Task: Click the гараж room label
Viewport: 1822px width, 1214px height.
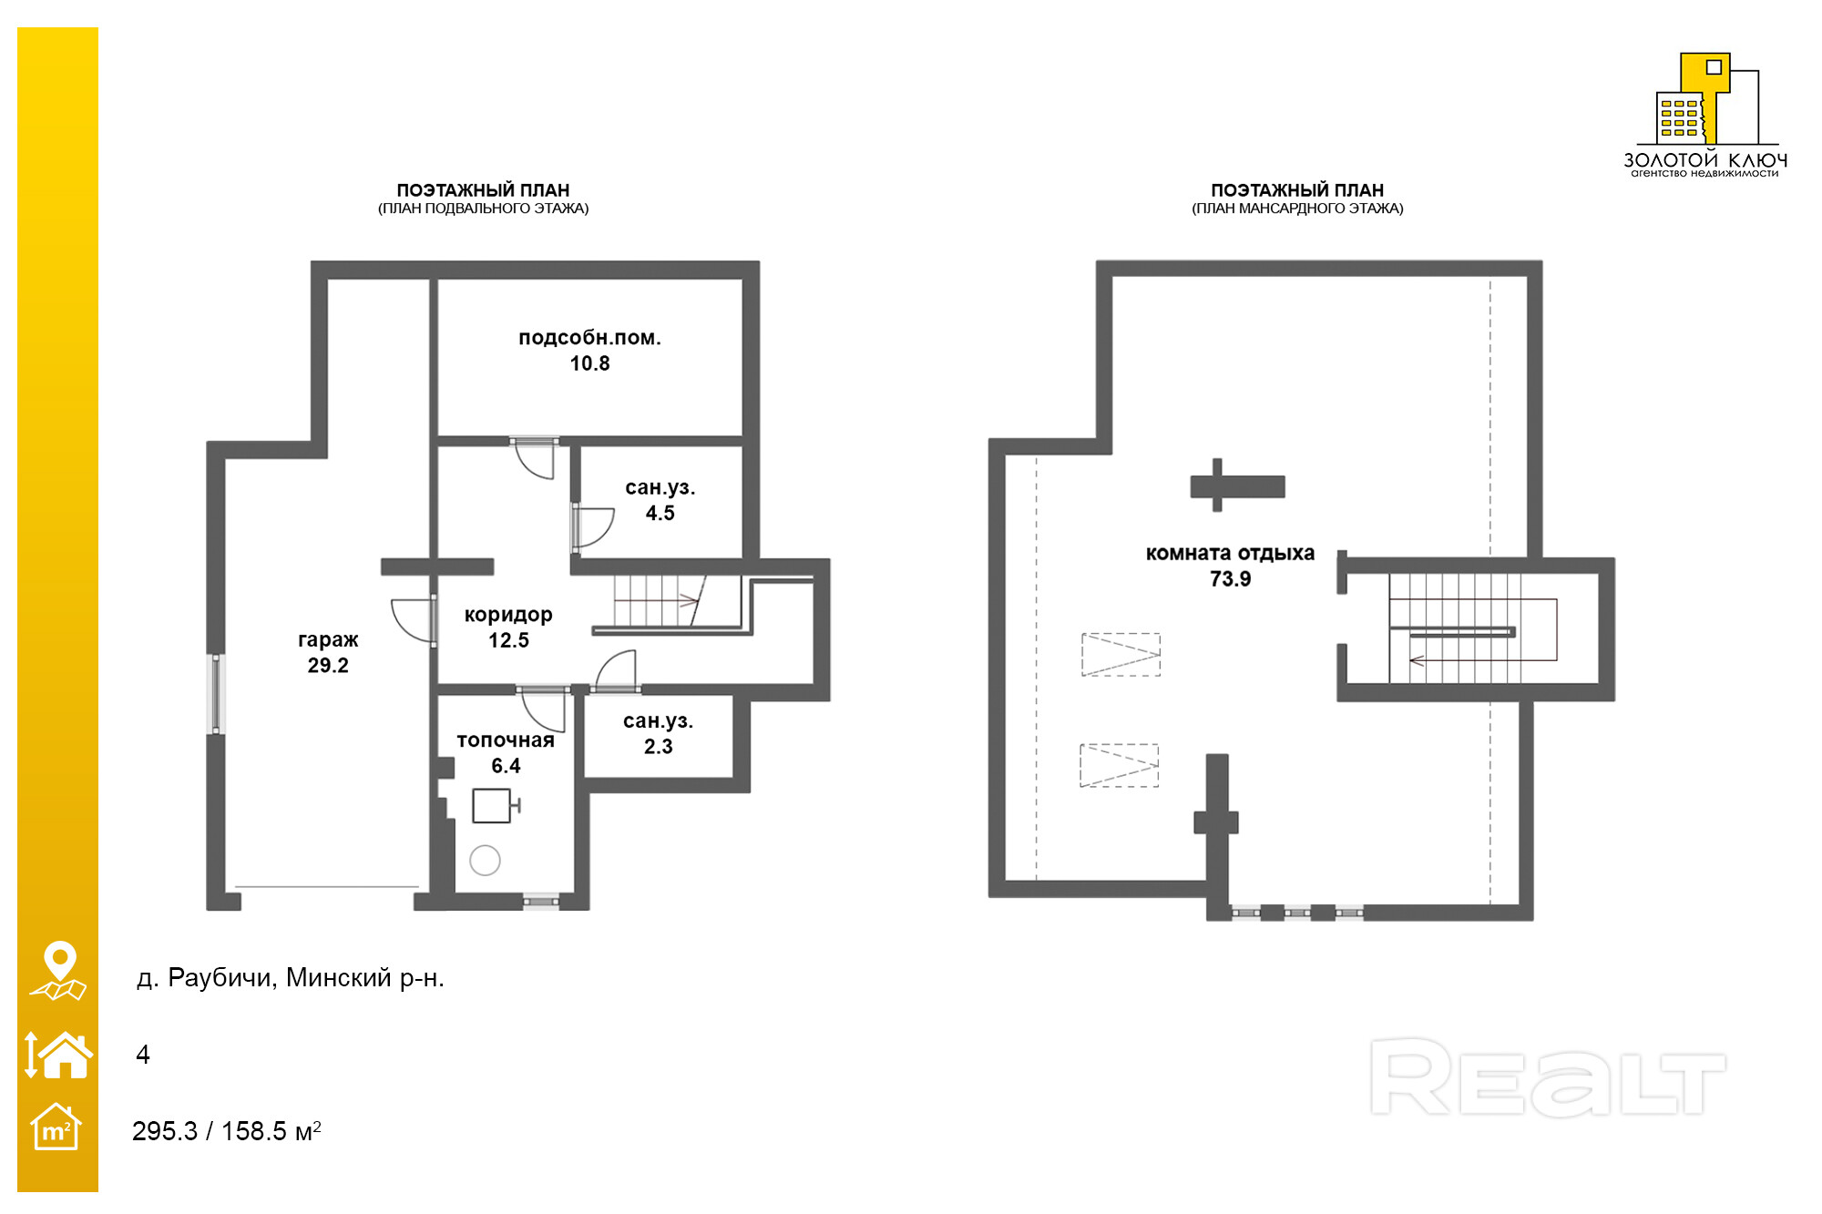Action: (328, 639)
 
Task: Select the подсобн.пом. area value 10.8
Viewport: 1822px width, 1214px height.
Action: (589, 363)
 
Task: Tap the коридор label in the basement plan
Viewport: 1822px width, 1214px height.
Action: (508, 615)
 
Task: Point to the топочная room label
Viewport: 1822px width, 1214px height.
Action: (506, 740)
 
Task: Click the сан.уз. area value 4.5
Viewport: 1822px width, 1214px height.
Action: (660, 513)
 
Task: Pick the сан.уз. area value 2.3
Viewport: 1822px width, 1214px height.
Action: (659, 746)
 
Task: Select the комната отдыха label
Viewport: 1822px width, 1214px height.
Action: (1230, 553)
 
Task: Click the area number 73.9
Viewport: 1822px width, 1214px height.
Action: (1230, 578)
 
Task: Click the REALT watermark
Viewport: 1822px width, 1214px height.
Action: (1548, 1076)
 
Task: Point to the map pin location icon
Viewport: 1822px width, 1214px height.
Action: (58, 971)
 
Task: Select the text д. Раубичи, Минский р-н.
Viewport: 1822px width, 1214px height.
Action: (291, 978)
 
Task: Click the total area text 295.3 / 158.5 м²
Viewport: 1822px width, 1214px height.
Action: (227, 1131)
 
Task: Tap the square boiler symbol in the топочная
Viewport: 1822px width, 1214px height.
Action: (493, 806)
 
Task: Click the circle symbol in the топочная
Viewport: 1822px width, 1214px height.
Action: (485, 860)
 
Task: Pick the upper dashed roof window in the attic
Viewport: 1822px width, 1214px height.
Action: (1121, 655)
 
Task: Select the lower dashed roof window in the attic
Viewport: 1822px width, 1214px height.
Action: (1119, 766)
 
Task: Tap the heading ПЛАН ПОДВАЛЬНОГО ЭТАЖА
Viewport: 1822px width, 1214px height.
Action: (483, 209)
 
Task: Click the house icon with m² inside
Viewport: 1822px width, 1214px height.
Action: (56, 1127)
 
